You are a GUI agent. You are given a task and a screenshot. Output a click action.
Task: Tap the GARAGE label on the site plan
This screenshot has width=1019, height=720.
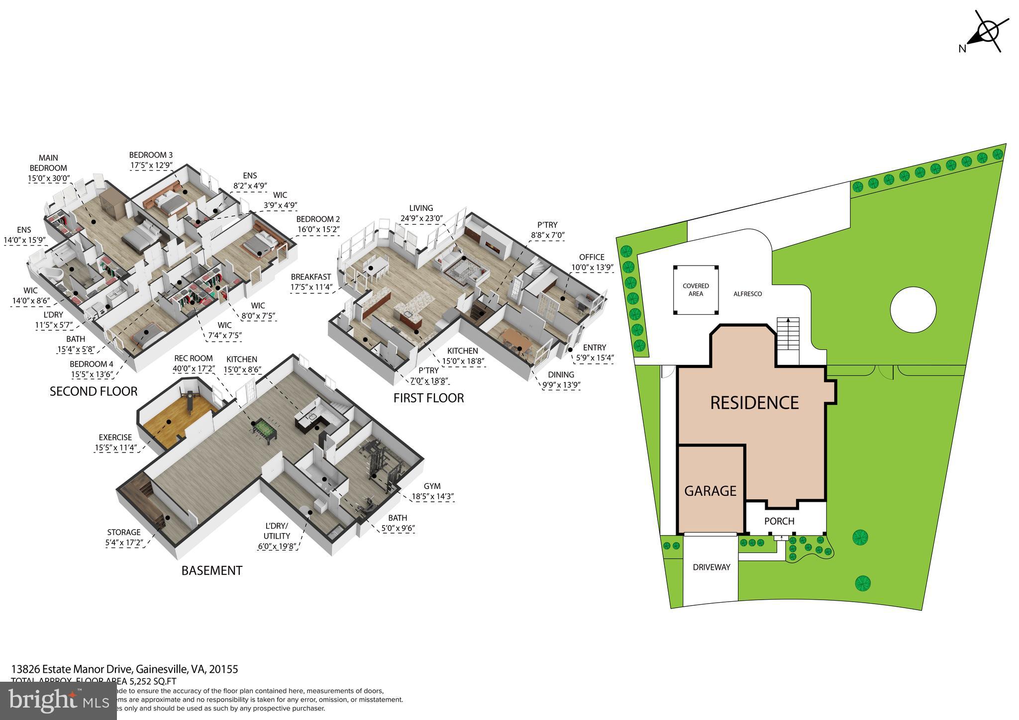[x=710, y=491]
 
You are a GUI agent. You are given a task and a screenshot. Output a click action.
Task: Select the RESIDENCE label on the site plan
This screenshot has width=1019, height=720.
[x=754, y=402]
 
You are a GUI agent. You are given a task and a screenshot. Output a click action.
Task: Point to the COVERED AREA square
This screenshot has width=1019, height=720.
[x=696, y=290]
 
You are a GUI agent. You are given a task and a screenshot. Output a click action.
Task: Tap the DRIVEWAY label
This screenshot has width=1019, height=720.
[x=712, y=567]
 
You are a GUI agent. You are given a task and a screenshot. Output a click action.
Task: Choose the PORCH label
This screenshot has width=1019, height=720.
[x=779, y=521]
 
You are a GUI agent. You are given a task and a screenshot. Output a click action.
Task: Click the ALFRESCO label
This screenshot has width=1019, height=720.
[x=747, y=294]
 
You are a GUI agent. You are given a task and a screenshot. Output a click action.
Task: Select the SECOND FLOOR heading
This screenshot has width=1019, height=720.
[x=94, y=391]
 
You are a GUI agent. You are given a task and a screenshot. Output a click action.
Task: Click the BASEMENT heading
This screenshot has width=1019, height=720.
[x=211, y=570]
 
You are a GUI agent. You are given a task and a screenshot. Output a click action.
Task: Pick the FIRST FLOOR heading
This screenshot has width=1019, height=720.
[x=428, y=398]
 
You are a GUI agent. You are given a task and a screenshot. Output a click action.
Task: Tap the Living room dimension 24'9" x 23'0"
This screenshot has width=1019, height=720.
[x=421, y=218]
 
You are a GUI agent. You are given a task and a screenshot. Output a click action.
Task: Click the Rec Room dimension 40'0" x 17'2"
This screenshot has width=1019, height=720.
[x=194, y=369]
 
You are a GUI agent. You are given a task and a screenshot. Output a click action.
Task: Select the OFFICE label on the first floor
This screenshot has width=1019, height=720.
[x=592, y=257]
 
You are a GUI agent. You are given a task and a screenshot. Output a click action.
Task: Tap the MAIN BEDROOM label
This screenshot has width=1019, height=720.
[x=48, y=163]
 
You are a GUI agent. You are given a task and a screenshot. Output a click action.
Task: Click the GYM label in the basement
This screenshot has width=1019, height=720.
[x=432, y=486]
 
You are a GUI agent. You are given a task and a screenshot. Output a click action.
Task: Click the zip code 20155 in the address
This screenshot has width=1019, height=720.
[x=223, y=669]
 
